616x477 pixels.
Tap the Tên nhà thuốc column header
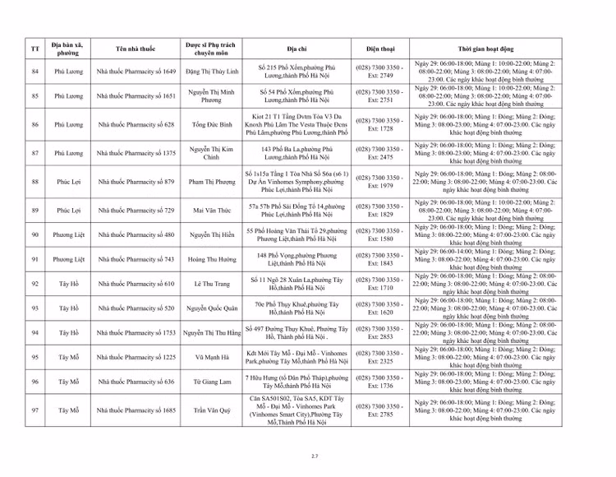tap(136, 49)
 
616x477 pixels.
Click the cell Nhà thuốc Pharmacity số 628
tap(136, 124)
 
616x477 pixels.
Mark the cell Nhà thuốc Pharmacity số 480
tap(136, 234)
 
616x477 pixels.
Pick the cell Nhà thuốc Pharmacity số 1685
tap(136, 410)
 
